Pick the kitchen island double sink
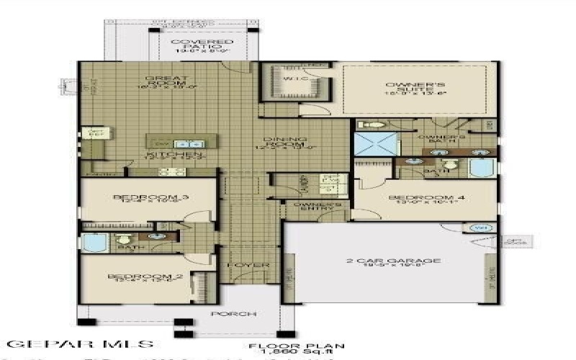(185, 144)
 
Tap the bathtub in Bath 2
(94, 243)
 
